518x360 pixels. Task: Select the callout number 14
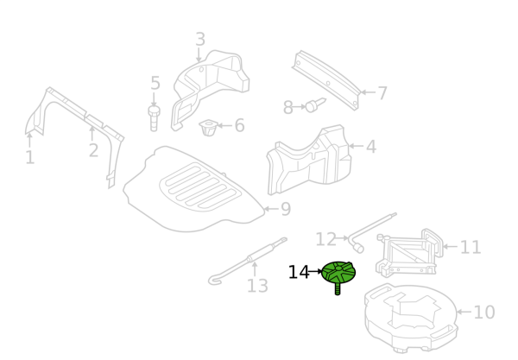point(299,273)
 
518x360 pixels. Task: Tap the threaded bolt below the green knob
point(338,289)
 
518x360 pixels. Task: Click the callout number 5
point(155,83)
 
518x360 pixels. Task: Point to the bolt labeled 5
point(154,118)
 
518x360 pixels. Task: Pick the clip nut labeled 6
point(208,128)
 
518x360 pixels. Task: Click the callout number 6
point(239,125)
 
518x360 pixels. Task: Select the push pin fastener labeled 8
point(315,104)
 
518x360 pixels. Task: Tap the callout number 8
point(288,107)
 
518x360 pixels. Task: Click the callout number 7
point(382,93)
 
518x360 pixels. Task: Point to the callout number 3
point(200,40)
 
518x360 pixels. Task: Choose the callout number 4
point(371,146)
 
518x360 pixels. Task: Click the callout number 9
point(286,209)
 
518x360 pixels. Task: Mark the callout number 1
point(30,157)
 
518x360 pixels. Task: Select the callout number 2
point(93,150)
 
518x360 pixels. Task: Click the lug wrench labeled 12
point(372,233)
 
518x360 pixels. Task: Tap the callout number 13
point(257,286)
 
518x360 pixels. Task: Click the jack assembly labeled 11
point(409,253)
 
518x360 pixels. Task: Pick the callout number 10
point(484,313)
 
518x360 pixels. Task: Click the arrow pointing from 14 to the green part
point(315,272)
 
